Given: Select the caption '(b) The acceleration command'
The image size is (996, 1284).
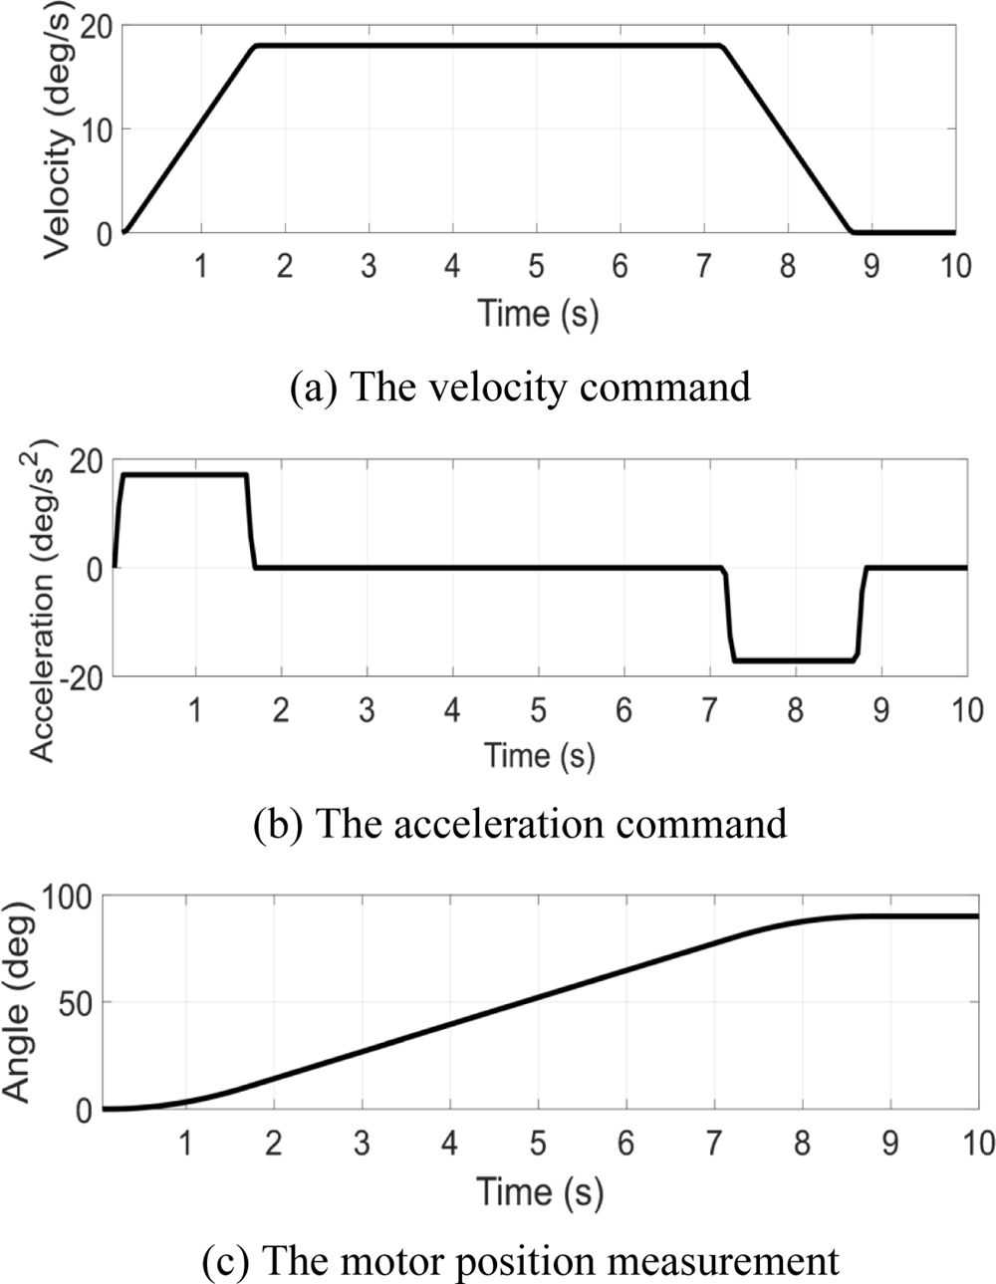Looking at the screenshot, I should (519, 824).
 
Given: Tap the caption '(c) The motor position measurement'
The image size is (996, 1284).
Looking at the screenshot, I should (519, 1261).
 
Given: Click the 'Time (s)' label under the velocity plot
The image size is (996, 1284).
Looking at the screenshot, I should (538, 313).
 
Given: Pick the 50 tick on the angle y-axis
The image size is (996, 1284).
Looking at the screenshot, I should (78, 1002).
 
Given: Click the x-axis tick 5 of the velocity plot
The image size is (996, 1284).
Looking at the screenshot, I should (537, 267).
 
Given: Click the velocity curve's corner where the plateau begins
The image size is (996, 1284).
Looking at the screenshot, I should (256, 46).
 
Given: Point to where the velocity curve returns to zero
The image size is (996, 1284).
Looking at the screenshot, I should (852, 232).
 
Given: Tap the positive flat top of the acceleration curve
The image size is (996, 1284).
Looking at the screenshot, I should (184, 474).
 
